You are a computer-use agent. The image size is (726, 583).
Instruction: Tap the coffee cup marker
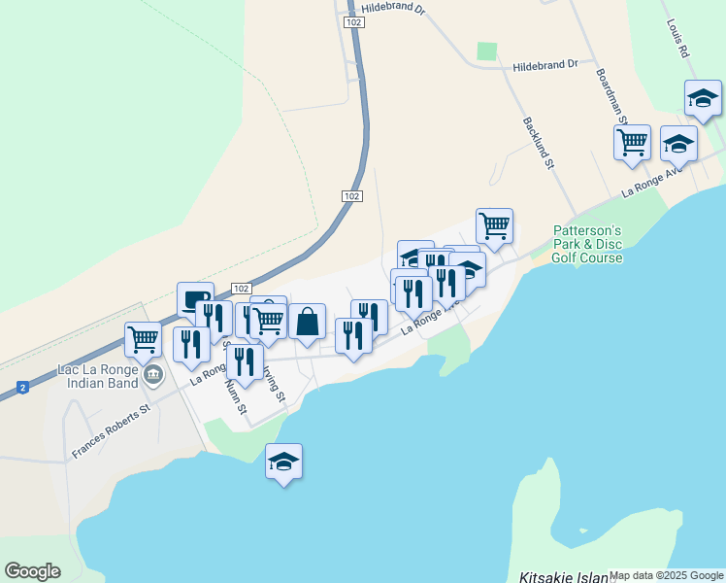pos(195,299)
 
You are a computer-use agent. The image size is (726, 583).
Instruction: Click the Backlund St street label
pos(537,144)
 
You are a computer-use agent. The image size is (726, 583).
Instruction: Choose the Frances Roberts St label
pos(114,429)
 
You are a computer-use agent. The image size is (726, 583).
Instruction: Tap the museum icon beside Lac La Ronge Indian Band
pos(151,375)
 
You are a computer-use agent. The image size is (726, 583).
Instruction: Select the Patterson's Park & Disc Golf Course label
pos(587,244)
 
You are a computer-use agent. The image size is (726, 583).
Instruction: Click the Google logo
pos(32,571)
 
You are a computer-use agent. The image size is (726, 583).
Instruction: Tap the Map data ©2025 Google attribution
pos(666,575)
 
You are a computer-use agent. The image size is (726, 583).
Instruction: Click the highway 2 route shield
pos(19,388)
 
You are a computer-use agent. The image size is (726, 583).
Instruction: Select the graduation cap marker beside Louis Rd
pos(703,98)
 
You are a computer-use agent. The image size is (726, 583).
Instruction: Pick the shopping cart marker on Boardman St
pos(632,142)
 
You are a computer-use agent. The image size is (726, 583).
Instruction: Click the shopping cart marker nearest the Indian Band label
pos(144,340)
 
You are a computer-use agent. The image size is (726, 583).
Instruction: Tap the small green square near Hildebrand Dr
pos(486,51)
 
